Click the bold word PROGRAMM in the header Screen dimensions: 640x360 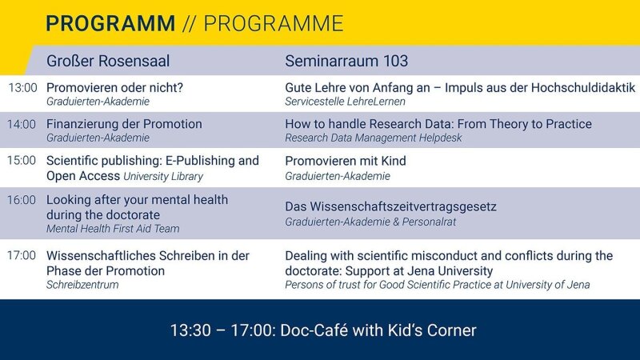(110, 23)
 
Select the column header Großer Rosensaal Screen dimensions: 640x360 (108, 62)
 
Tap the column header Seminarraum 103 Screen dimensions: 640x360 (346, 62)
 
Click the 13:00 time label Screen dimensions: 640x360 (23, 88)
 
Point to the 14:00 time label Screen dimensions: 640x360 (22, 124)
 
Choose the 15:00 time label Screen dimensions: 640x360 (22, 161)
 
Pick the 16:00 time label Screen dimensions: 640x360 (22, 200)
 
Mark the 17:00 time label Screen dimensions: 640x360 (22, 255)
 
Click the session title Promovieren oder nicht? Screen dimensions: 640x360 (114, 88)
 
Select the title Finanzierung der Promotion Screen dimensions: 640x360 (124, 124)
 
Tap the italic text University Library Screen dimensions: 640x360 (163, 176)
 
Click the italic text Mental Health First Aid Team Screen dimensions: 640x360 (113, 229)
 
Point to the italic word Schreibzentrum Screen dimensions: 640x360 (82, 285)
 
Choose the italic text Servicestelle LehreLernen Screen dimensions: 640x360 (346, 102)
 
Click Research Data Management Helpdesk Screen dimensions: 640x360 (374, 138)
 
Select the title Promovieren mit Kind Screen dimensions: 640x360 (346, 161)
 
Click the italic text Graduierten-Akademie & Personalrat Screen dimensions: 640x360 (370, 222)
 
